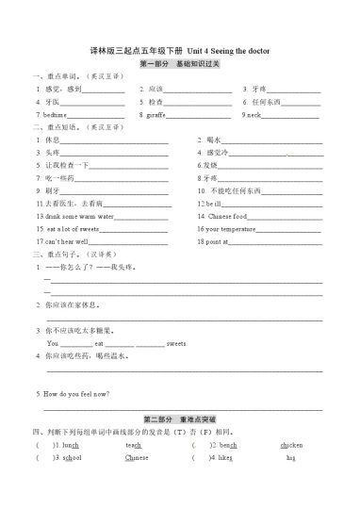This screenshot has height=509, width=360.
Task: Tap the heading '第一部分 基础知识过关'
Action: tap(179, 62)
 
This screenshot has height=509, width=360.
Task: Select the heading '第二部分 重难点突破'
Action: tap(179, 417)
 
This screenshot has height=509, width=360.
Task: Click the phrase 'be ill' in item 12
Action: tap(212, 204)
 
